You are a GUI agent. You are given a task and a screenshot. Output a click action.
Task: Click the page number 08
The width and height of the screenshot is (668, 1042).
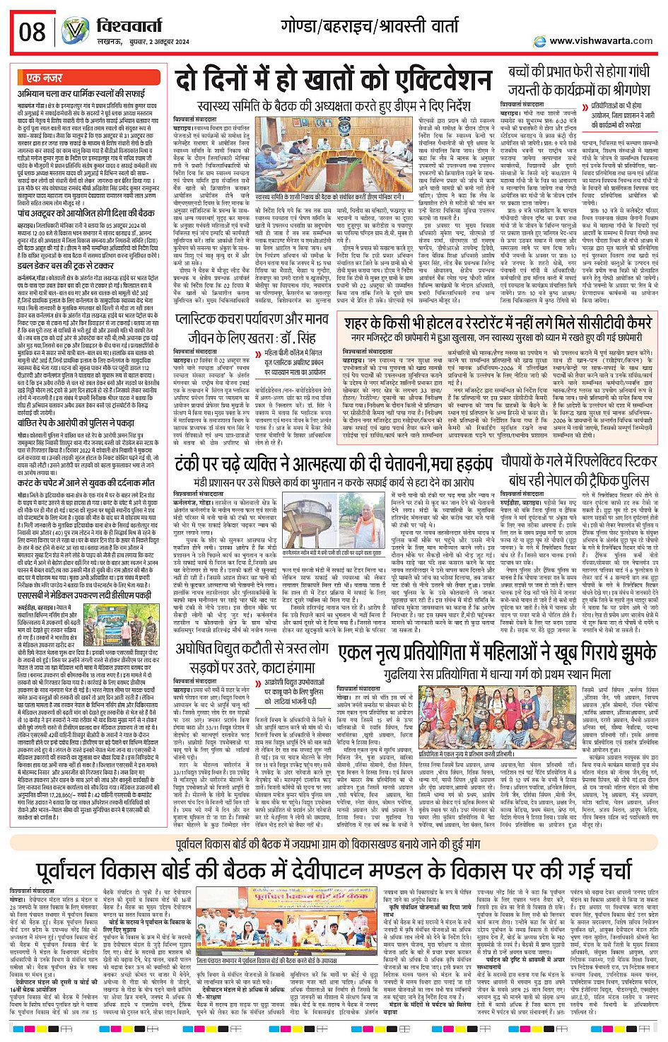coord(33,32)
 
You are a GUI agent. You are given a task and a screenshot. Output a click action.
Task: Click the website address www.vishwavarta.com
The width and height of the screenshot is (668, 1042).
coord(601,41)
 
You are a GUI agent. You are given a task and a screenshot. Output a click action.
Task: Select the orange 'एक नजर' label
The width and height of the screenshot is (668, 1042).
coord(44,78)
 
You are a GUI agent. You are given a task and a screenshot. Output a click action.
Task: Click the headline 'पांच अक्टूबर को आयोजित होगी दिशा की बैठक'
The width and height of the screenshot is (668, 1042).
coord(86,213)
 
